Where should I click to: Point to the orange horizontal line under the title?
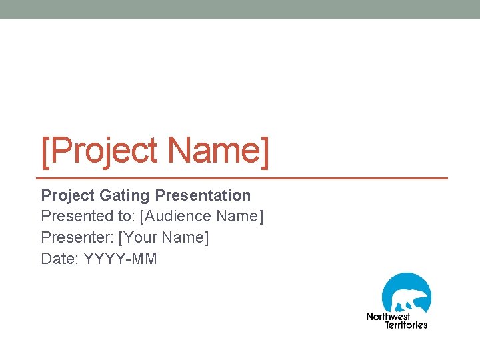click(244, 179)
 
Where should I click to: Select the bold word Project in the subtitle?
click(67, 195)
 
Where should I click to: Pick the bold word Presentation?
click(203, 195)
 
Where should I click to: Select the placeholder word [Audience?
click(175, 216)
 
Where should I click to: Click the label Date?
click(60, 259)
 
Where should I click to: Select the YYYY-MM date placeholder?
click(121, 259)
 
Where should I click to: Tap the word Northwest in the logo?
click(388, 317)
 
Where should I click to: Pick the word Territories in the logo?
click(406, 325)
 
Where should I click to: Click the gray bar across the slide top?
click(240, 9)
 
